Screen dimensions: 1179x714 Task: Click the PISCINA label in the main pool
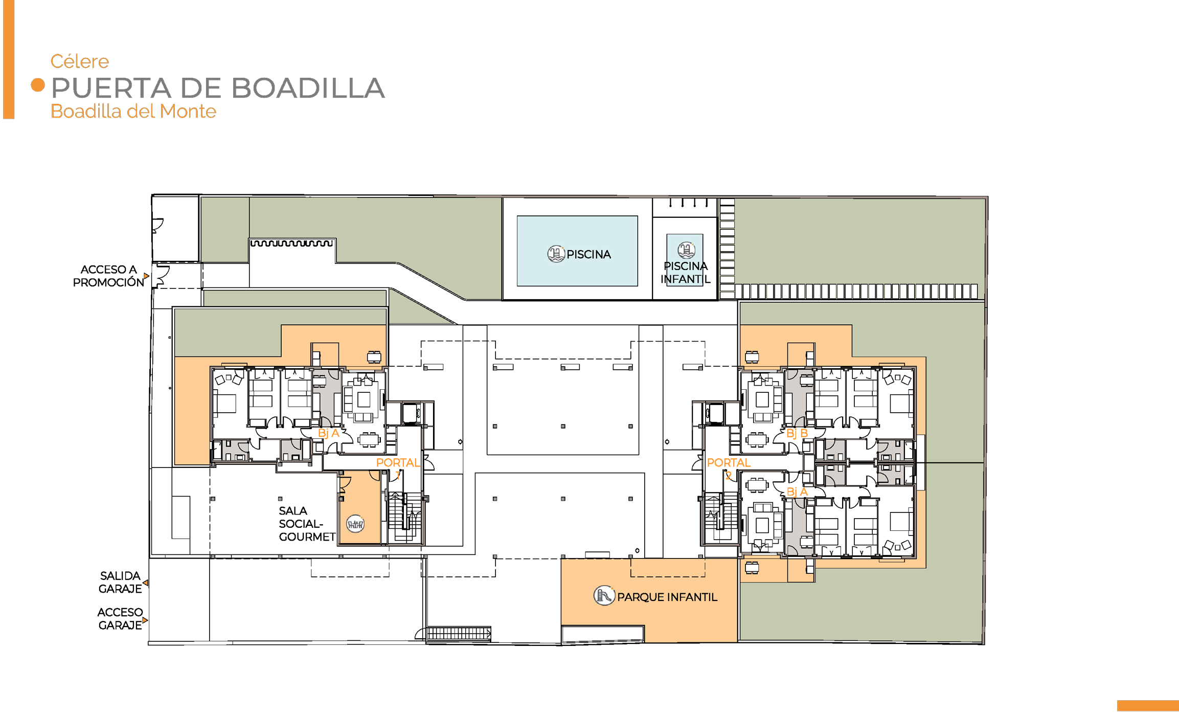tap(588, 254)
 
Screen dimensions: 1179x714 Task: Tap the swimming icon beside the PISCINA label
tap(556, 254)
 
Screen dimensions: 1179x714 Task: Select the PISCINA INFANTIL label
tap(686, 273)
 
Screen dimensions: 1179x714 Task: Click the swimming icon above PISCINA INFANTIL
tap(686, 250)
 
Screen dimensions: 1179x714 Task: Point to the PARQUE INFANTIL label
tap(667, 597)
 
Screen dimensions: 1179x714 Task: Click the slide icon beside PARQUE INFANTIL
tap(604, 595)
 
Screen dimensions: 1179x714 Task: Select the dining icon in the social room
tap(355, 524)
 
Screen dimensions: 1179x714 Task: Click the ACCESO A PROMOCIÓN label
tap(108, 276)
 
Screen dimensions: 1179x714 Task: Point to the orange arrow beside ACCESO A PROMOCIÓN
tap(146, 276)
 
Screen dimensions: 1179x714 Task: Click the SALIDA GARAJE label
tap(120, 582)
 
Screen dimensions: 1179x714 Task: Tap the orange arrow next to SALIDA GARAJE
tap(146, 583)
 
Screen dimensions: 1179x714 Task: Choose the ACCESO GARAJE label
tap(120, 618)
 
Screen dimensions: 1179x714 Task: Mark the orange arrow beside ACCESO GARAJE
tap(145, 620)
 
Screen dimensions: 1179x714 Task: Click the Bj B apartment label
tap(797, 433)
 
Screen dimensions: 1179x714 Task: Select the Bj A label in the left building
tap(329, 433)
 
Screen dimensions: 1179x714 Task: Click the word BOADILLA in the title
tap(308, 88)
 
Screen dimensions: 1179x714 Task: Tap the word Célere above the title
tap(80, 61)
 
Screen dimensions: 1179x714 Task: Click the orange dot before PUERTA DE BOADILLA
tap(38, 85)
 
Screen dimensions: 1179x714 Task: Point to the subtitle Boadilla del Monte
tap(133, 111)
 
